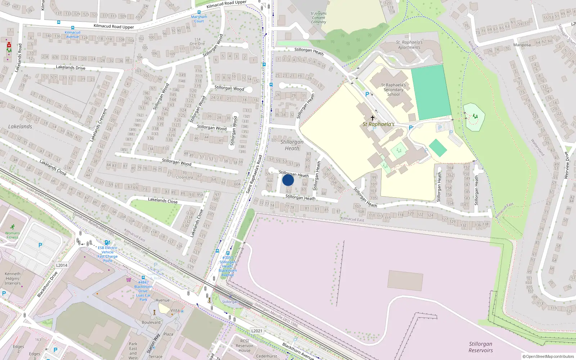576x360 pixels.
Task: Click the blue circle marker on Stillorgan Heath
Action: pos(288,180)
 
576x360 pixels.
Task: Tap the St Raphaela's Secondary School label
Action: pos(394,90)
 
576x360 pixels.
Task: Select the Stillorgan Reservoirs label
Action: pos(481,347)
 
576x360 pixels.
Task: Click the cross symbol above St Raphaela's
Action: pos(373,118)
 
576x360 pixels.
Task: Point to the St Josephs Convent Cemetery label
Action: pos(319,18)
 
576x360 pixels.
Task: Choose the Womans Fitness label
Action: pos(12,235)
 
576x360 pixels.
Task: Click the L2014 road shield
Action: pos(62,265)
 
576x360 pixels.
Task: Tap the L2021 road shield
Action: pos(257,331)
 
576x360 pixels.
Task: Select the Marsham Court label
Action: pos(199,19)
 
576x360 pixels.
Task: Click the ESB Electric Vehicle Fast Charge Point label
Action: pos(108,254)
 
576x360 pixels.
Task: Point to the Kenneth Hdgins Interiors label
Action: pos(13,278)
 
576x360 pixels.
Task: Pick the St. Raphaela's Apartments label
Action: pos(409,45)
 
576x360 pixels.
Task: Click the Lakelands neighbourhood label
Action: pos(20,127)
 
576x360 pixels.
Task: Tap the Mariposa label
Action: pos(522,45)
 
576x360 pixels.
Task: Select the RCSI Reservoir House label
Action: pos(244,346)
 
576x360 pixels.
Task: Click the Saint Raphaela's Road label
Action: pos(254,174)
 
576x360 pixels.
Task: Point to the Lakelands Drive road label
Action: pos(71,67)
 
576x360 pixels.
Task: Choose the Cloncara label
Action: pos(184,177)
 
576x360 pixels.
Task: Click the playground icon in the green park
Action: pos(475,116)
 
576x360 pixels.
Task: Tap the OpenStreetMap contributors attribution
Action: pos(548,356)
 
